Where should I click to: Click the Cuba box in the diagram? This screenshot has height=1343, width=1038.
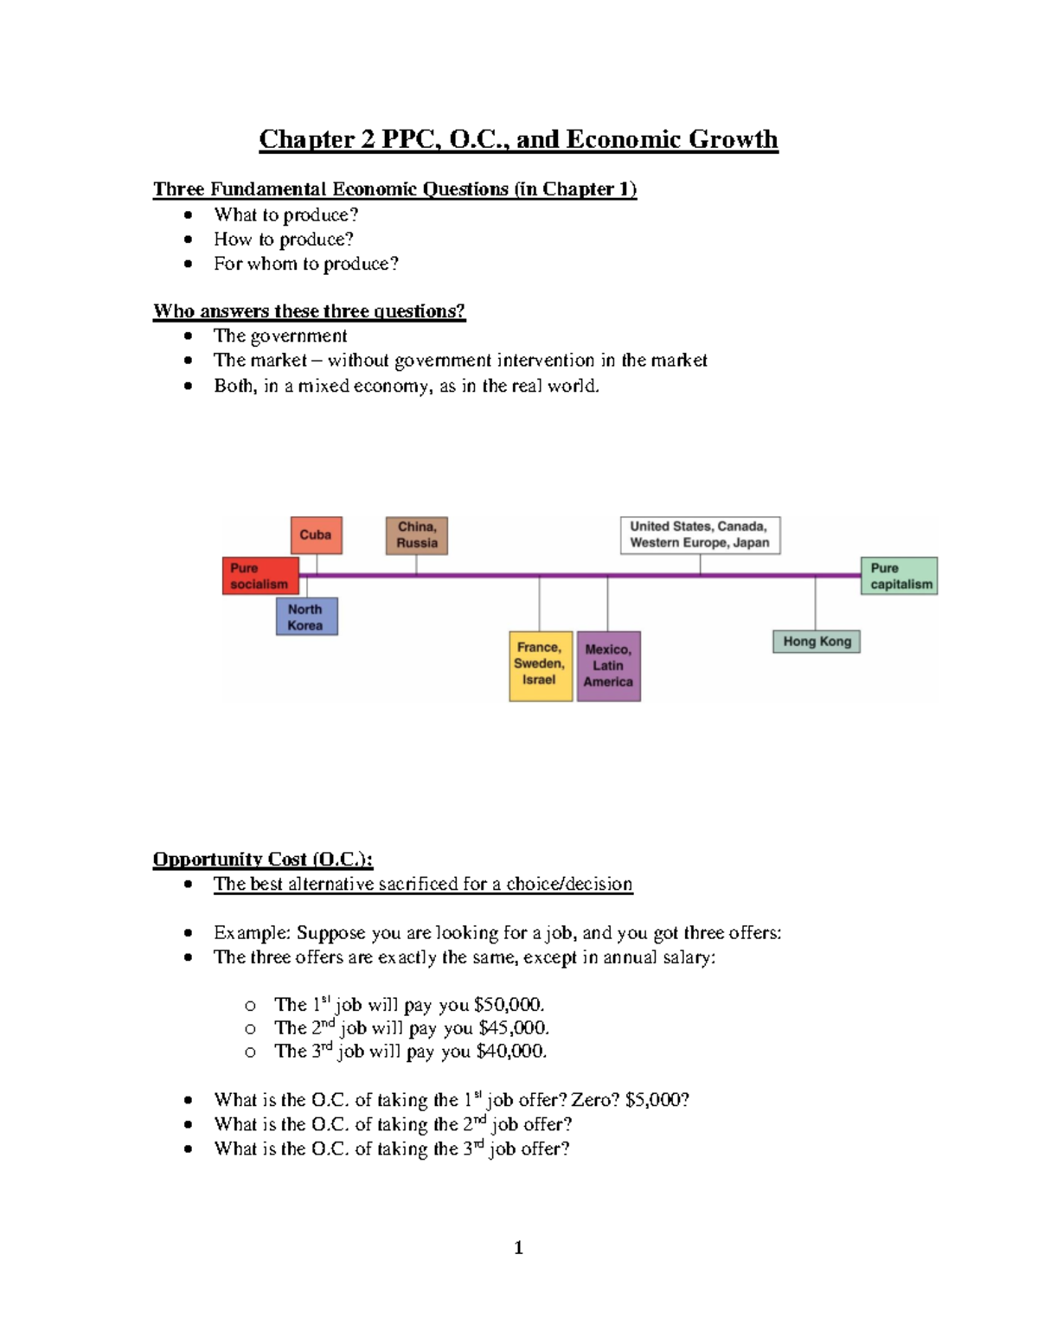click(316, 535)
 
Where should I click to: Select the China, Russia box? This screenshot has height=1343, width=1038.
click(417, 535)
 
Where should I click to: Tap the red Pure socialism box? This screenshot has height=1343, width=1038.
click(259, 576)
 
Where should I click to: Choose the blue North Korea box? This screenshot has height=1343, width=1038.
click(306, 617)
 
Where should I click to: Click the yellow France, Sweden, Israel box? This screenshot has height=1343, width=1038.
click(540, 664)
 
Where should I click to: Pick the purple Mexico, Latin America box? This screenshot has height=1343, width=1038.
click(608, 666)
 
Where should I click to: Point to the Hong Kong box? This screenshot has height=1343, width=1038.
click(817, 642)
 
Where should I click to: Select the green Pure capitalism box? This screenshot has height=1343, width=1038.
click(900, 576)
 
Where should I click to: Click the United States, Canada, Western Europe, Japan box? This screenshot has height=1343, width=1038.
click(700, 535)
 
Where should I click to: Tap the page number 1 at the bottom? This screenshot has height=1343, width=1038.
click(518, 1247)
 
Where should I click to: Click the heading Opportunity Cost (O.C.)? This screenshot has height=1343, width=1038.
click(263, 859)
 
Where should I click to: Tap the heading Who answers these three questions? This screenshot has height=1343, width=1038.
click(309, 311)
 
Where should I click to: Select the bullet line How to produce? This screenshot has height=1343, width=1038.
click(284, 240)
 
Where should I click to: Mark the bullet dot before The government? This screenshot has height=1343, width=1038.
click(189, 336)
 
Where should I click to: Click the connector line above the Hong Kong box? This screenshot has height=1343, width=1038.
click(815, 604)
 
